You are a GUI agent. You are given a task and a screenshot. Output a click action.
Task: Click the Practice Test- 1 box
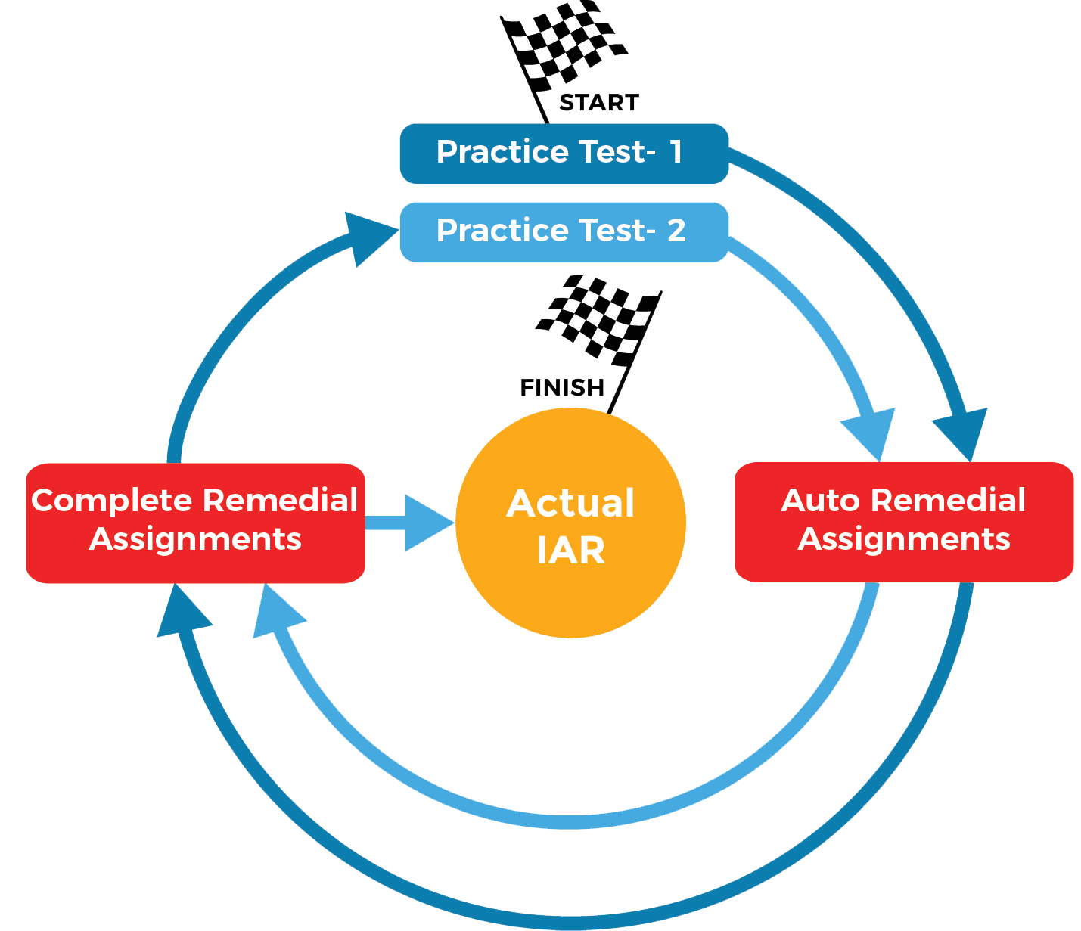point(564,154)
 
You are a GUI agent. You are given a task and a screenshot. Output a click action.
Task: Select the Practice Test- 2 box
point(564,232)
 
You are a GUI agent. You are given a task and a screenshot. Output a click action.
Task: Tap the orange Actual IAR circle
point(570,523)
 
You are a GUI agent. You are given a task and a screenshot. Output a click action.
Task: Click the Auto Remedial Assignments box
point(904,522)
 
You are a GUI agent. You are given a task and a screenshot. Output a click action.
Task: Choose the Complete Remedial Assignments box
point(195,523)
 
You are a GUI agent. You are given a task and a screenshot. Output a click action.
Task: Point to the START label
point(599,103)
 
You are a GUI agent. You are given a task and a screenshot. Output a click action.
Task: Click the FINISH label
point(563,388)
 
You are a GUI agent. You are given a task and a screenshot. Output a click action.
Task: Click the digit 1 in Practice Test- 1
point(676,152)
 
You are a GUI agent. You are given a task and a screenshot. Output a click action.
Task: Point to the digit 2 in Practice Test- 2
point(676,231)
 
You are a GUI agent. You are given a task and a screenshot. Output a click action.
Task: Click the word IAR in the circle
point(571,551)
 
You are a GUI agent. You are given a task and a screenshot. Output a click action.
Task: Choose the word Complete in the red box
point(112,501)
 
